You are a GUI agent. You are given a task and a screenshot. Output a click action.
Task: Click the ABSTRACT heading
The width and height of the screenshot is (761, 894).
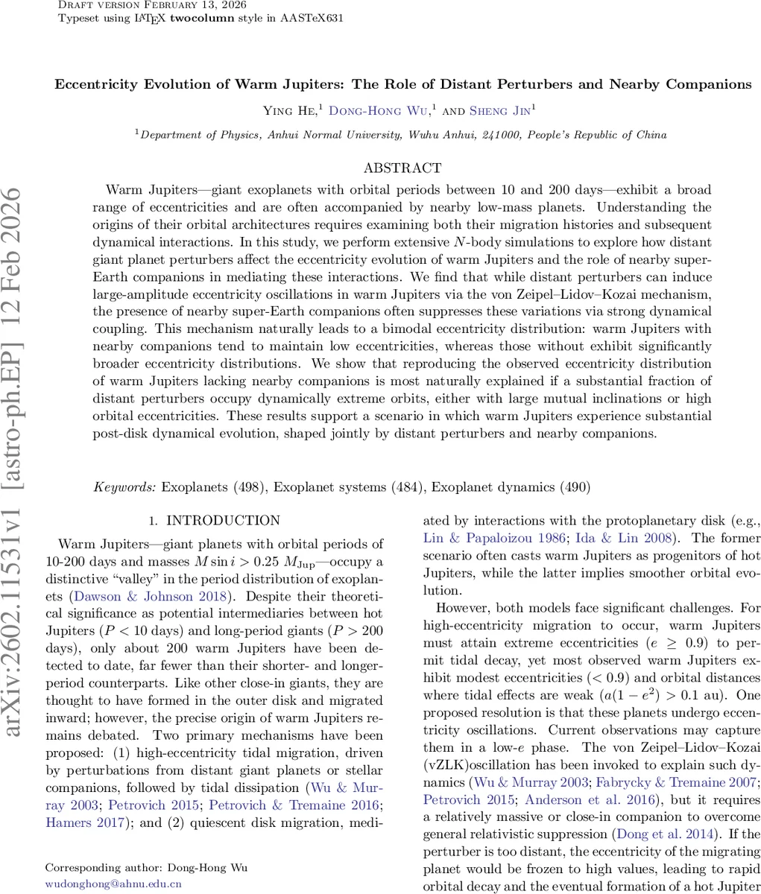(402, 168)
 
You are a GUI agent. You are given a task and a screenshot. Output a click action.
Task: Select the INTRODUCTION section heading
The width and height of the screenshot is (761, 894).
(223, 521)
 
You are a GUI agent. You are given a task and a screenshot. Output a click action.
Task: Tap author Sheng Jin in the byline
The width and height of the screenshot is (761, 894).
(502, 111)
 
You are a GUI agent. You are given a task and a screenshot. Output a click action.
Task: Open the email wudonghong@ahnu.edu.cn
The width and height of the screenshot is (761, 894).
(113, 884)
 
